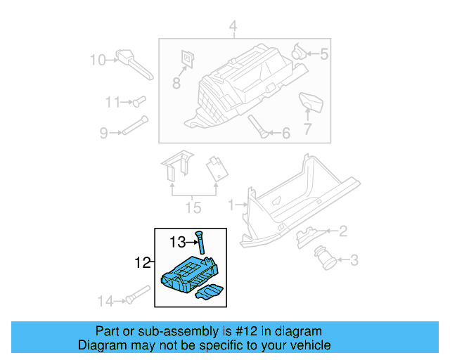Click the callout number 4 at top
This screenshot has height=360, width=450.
pos(233,28)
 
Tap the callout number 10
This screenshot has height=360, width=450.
pos(97,60)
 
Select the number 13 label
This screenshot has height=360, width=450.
pos(178,243)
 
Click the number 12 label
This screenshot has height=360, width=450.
pos(143,264)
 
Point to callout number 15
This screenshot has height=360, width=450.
pos(193,207)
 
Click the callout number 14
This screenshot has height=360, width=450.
pos(105,302)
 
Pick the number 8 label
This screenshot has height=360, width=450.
pos(176,83)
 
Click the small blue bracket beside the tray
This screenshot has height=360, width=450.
pos(210,292)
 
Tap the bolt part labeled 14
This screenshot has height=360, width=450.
pos(137,295)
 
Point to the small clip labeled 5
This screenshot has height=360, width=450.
pos(300,51)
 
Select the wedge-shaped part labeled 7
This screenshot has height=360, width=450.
pos(309,102)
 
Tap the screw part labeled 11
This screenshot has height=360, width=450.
pos(137,103)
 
